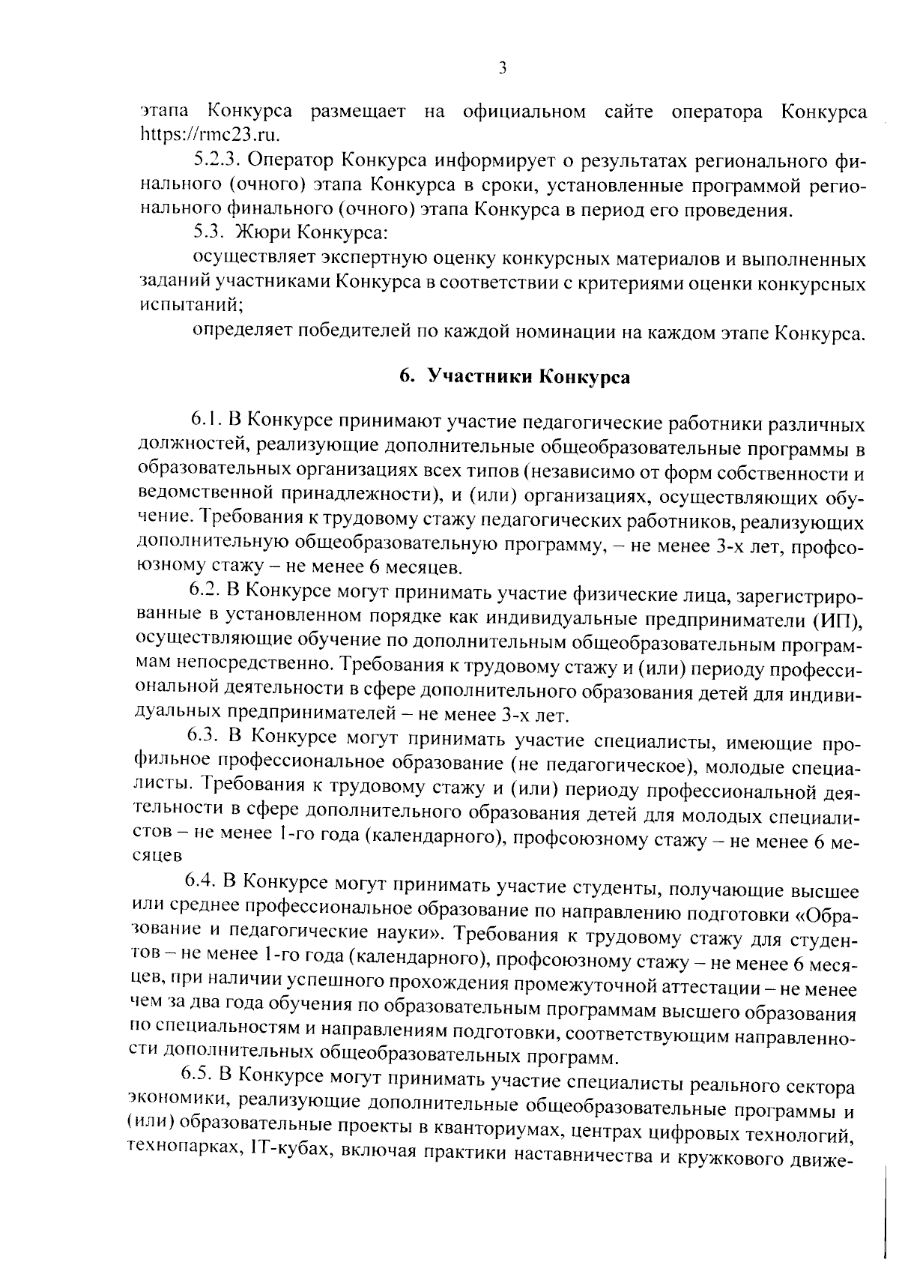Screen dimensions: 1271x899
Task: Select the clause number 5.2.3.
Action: pos(217,160)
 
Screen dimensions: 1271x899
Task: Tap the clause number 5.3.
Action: pos(208,233)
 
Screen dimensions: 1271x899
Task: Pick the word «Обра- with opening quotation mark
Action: pos(824,917)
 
